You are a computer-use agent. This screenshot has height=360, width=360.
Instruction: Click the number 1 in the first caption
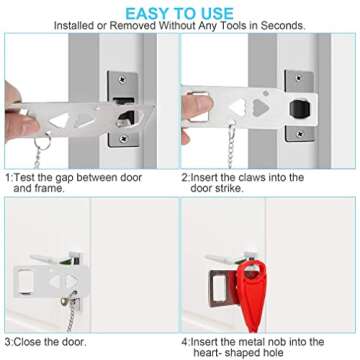point(9,176)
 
